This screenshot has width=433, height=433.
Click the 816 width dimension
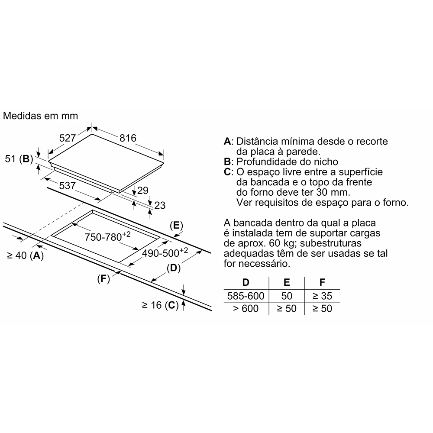[x=128, y=138]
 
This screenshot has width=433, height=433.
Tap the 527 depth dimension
[x=68, y=138]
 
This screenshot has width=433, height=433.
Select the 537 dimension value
[x=68, y=186]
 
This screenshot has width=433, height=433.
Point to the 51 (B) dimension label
[x=19, y=159]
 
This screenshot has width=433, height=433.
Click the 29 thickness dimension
[x=143, y=191]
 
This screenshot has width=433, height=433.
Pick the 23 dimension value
[x=160, y=205]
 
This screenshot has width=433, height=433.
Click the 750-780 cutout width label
[x=107, y=236]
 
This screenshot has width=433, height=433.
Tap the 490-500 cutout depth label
[x=165, y=252]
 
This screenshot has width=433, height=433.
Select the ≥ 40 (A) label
[x=26, y=255]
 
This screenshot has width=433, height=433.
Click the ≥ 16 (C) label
[x=160, y=305]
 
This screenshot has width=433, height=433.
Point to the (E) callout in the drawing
[x=177, y=226]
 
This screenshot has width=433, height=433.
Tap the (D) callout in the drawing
[x=174, y=268]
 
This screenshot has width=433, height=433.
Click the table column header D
[x=246, y=282]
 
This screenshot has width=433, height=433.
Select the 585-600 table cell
[x=246, y=296]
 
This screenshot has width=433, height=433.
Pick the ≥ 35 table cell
[x=322, y=296]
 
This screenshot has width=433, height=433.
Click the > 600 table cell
[x=246, y=308]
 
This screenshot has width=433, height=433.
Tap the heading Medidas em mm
[x=41, y=116]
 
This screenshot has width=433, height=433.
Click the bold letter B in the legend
[x=227, y=162]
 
